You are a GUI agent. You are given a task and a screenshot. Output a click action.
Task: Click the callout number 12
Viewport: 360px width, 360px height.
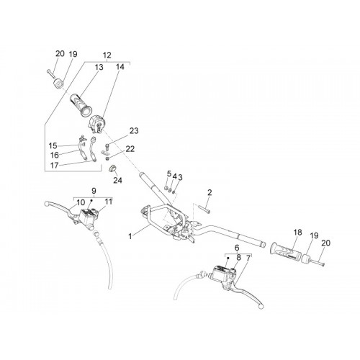coord(107,55)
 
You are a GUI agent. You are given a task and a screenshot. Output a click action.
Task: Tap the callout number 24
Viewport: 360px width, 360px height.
coord(117,180)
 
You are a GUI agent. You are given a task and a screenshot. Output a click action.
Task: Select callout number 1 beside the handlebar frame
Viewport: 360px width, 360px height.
coord(130,236)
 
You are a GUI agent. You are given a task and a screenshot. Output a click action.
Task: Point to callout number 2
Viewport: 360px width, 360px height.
coord(210,192)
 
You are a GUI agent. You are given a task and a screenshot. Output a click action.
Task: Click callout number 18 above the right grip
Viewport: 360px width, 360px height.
coord(297,233)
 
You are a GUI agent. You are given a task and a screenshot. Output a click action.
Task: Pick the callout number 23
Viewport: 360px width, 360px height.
coord(134,131)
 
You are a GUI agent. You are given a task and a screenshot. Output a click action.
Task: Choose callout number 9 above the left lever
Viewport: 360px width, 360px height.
coord(94,191)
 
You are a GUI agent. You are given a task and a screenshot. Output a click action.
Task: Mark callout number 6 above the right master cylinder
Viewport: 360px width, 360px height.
coord(237,247)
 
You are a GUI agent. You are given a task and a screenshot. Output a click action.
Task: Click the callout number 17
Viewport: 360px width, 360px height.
coord(54,166)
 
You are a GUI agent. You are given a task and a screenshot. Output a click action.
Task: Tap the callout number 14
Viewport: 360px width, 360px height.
coord(120,67)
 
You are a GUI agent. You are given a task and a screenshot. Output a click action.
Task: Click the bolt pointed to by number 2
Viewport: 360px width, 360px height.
coord(204,209)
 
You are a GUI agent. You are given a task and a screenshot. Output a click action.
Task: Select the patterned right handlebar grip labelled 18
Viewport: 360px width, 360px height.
coord(287,252)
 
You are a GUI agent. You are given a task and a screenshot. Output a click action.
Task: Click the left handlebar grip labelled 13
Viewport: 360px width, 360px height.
coord(81,105)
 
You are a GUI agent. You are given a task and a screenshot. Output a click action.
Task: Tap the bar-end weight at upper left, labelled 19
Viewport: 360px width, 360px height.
coord(58,84)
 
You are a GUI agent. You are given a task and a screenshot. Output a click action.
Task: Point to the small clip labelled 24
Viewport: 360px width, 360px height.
coord(112,168)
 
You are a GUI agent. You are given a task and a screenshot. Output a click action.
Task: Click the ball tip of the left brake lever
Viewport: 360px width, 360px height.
coord(47,204)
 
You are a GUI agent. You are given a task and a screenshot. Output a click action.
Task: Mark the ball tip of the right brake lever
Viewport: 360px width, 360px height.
coord(261,307)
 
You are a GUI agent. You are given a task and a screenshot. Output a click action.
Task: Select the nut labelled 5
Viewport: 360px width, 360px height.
coord(166,188)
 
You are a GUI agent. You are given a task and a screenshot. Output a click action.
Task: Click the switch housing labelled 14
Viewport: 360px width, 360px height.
coord(96,124)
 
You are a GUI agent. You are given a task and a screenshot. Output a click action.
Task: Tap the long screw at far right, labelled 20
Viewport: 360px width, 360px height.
coord(318,262)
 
